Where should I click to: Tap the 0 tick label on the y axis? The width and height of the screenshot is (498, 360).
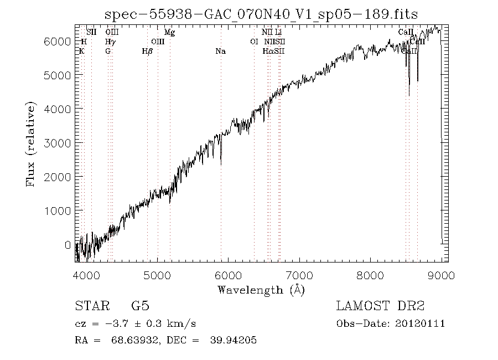pyautogui.click(x=68, y=245)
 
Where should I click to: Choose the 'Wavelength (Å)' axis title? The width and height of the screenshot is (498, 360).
pyautogui.click(x=261, y=290)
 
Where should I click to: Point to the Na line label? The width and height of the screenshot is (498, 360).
pyautogui.click(x=220, y=52)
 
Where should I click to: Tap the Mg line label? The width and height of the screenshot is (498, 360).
pyautogui.click(x=170, y=33)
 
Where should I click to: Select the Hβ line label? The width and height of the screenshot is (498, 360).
pyautogui.click(x=147, y=52)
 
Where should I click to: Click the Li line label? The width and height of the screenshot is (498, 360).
pyautogui.click(x=279, y=33)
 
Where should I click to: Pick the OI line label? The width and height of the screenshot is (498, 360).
pyautogui.click(x=254, y=42)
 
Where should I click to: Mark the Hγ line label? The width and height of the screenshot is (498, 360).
pyautogui.click(x=110, y=42)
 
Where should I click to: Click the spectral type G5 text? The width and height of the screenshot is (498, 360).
pyautogui.click(x=140, y=306)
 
